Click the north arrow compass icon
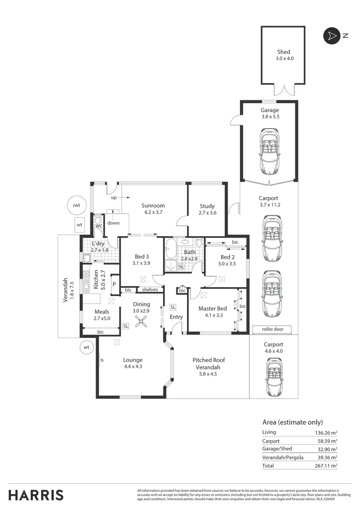(331, 36)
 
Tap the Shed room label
(284, 52)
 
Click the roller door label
(272, 329)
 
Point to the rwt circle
(76, 205)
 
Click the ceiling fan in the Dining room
(141, 321)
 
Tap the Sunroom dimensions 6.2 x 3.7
(153, 213)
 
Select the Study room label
(207, 206)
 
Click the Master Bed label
(212, 309)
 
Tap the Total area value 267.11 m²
(326, 466)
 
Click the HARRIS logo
(36, 495)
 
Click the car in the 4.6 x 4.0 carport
(273, 377)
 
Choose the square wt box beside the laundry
(79, 225)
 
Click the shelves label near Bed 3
(150, 289)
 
